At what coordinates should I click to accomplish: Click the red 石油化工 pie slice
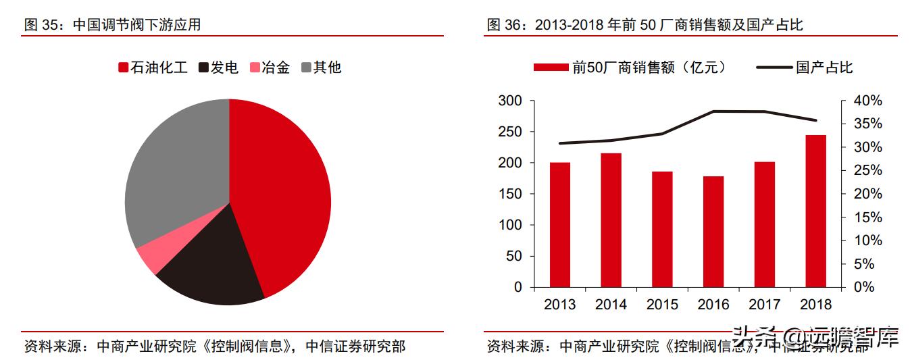(284, 196)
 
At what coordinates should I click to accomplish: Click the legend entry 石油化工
(152, 68)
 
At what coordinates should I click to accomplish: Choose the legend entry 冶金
(270, 68)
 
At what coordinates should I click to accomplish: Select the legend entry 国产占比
(804, 68)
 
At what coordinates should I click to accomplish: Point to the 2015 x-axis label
(662, 305)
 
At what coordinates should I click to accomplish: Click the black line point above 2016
(713, 111)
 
